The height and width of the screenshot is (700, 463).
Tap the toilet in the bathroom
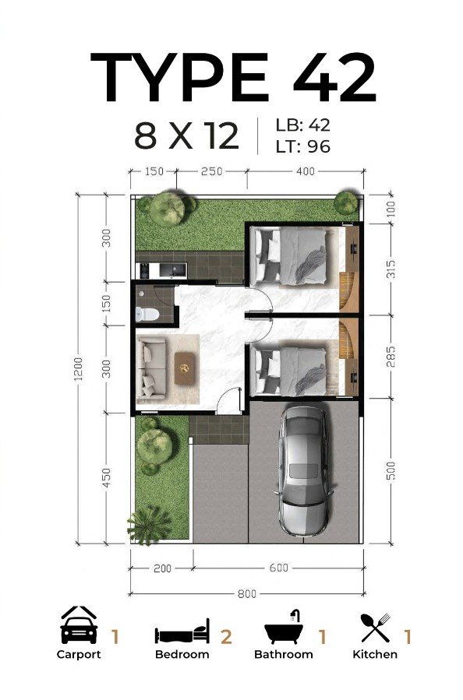pyautogui.click(x=147, y=313)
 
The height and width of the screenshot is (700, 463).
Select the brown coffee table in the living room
pyautogui.click(x=185, y=368)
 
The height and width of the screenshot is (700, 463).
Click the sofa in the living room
pyautogui.click(x=152, y=368)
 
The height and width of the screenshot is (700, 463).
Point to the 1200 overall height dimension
pyautogui.click(x=79, y=369)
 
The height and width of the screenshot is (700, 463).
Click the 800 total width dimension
pyautogui.click(x=246, y=593)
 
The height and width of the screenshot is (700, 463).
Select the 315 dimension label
pyautogui.click(x=391, y=269)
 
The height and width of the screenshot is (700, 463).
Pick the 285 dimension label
pyautogui.click(x=391, y=357)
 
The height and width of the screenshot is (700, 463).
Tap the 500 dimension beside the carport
pyautogui.click(x=391, y=470)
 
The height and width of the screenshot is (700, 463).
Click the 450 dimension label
pyautogui.click(x=106, y=477)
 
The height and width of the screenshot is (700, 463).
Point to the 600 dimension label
pyautogui.click(x=279, y=568)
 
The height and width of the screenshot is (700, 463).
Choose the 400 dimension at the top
pyautogui.click(x=306, y=171)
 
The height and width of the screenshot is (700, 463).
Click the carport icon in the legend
pyautogui.click(x=79, y=625)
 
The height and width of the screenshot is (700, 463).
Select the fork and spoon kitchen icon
pyautogui.click(x=376, y=628)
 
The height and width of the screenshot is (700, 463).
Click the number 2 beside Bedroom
pyautogui.click(x=226, y=637)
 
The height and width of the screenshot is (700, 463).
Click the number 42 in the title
pyautogui.click(x=334, y=78)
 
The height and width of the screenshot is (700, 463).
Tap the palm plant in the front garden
pyautogui.click(x=149, y=526)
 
